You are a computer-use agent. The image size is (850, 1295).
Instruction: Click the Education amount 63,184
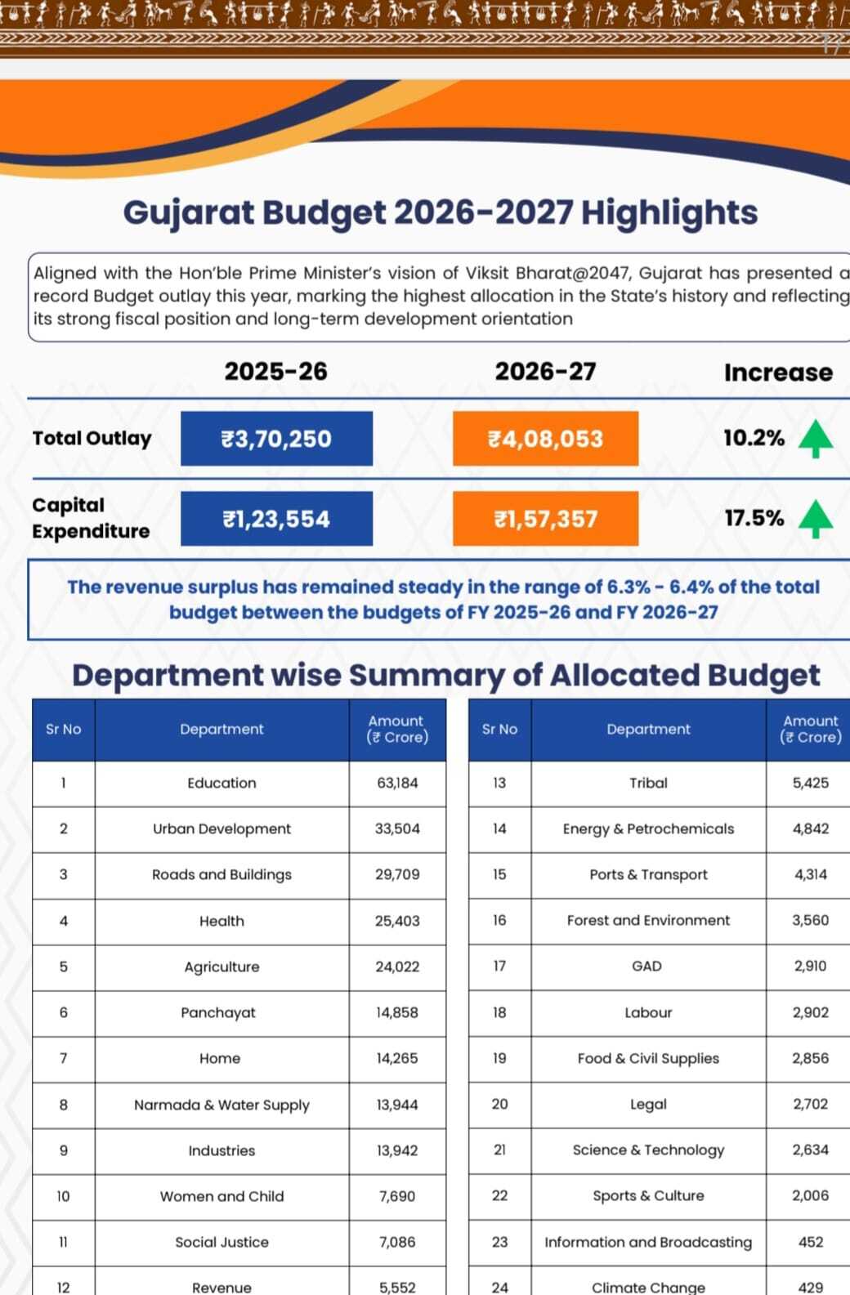[x=397, y=783]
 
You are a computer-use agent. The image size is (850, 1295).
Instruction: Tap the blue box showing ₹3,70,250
[x=276, y=439]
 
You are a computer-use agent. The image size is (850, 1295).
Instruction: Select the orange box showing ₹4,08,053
[x=545, y=439]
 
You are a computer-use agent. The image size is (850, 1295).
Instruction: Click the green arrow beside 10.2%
[x=815, y=438]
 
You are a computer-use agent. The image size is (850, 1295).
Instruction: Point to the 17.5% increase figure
[x=754, y=518]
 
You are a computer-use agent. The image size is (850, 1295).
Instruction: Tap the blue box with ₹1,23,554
[x=276, y=519]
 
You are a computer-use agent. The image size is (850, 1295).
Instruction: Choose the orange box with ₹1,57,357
[x=545, y=519]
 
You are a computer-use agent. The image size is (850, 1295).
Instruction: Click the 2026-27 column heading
[x=545, y=372]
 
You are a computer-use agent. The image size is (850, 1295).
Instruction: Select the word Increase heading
[x=777, y=373]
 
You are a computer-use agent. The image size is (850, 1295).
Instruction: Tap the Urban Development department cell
[x=221, y=828]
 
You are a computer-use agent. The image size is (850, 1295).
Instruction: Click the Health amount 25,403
[x=397, y=921]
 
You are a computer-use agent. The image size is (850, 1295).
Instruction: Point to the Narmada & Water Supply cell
[x=221, y=1105]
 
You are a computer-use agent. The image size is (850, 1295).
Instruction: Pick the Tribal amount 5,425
[x=810, y=783]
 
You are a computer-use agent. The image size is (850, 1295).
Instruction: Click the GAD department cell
[x=647, y=966]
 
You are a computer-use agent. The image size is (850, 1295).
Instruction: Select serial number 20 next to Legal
[x=499, y=1104]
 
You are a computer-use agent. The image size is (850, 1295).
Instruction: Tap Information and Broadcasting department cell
[x=648, y=1242]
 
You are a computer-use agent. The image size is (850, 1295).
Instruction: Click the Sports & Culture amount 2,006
[x=810, y=1195]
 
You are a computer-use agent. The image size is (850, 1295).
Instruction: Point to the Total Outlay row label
[x=92, y=439]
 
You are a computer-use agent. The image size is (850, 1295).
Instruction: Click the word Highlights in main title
[x=669, y=212]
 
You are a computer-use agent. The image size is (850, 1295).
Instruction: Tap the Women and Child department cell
[x=221, y=1196]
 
